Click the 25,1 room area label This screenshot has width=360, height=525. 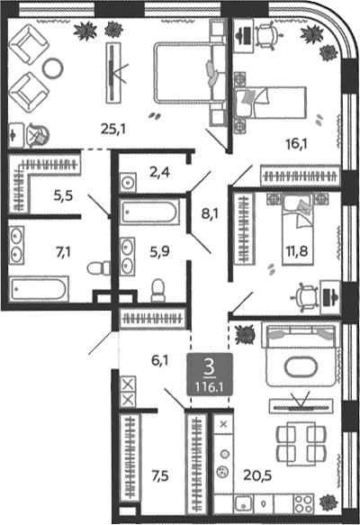(113, 129)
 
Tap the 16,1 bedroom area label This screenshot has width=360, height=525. (296, 144)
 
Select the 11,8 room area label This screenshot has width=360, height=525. (297, 250)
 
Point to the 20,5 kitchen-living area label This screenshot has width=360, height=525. (257, 475)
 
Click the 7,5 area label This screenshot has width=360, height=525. (160, 475)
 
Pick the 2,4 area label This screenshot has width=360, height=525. (160, 172)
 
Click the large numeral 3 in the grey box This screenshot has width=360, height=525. (210, 368)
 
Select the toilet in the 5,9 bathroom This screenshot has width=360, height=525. (157, 290)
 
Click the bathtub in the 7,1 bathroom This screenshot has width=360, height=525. (39, 289)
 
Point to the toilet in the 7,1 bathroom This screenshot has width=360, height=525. (99, 268)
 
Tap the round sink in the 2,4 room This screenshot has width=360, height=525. (128, 183)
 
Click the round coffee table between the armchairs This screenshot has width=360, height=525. (52, 68)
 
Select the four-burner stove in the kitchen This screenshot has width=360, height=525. (304, 504)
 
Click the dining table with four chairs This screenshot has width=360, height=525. (301, 444)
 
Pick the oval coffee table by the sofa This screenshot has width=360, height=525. (301, 367)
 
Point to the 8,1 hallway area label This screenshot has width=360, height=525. (210, 213)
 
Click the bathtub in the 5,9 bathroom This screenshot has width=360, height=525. (149, 212)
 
